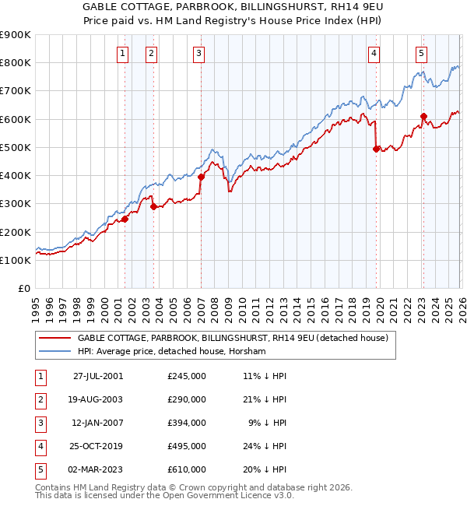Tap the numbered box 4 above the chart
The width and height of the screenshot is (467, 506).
(x=374, y=54)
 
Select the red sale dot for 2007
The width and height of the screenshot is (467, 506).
(x=201, y=177)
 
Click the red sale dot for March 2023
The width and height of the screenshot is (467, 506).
(x=423, y=117)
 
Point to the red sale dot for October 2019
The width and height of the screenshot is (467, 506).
(x=377, y=149)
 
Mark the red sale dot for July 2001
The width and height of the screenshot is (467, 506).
(x=125, y=219)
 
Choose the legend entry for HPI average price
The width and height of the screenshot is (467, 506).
(x=172, y=351)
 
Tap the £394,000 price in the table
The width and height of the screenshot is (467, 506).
(x=187, y=423)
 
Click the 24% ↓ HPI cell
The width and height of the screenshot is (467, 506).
(x=265, y=446)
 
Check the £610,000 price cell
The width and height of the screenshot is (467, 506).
(x=187, y=469)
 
